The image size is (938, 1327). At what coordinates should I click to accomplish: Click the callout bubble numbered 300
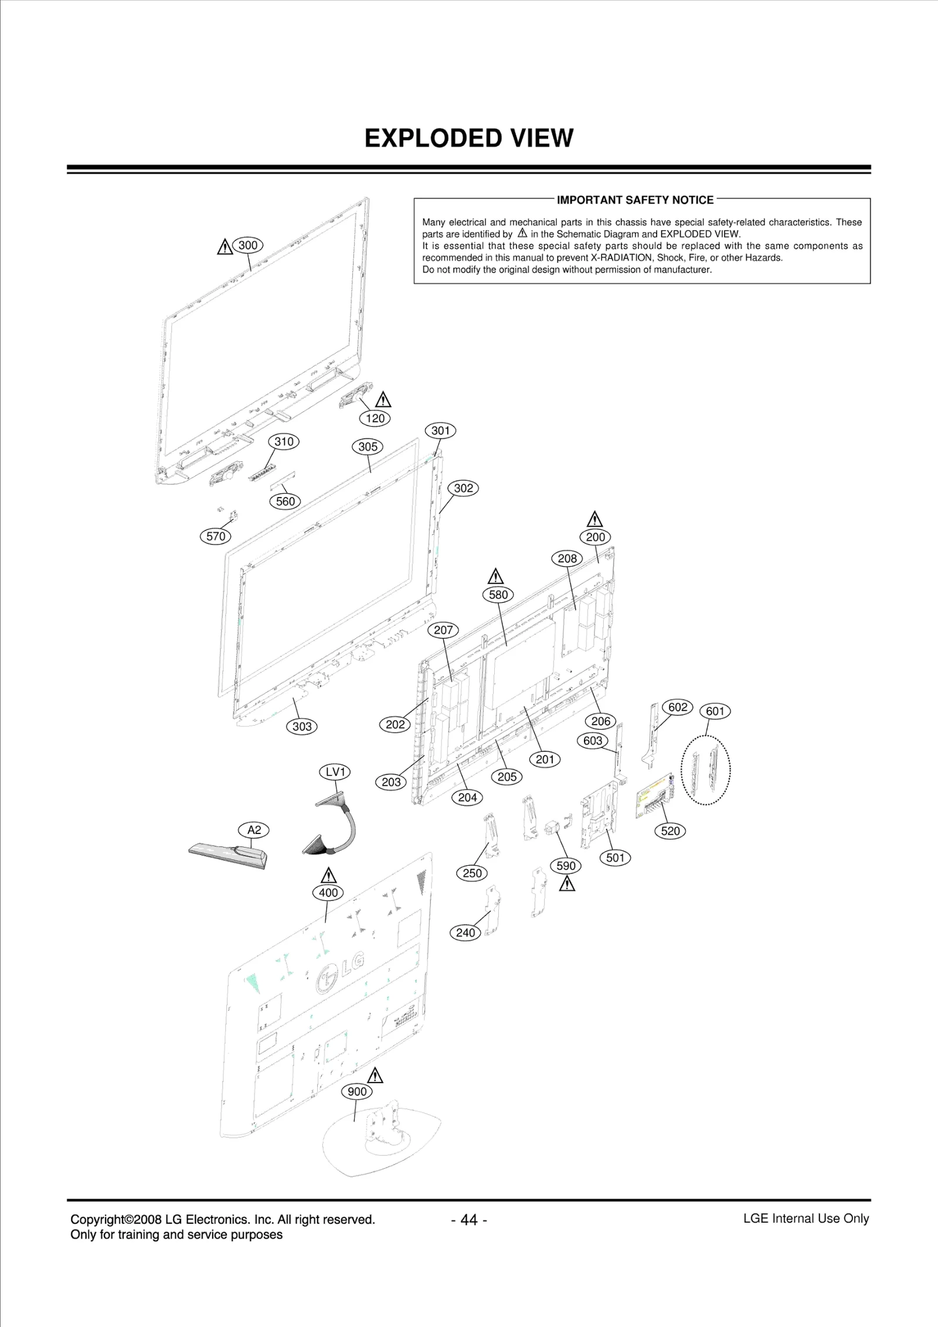coord(248,245)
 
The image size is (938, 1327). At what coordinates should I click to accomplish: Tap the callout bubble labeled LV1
coord(335,772)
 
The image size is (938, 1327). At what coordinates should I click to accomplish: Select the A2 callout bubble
coord(254,830)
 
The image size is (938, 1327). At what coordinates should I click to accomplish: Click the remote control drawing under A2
coord(229,855)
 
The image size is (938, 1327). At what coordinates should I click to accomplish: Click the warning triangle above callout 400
coord(329,875)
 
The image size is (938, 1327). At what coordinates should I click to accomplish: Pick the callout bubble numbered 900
coord(357,1091)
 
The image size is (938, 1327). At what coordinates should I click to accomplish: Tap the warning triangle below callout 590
coord(566,883)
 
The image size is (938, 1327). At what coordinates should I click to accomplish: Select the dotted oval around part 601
coord(706,770)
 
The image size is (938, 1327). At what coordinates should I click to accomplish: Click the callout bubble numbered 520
coord(670,831)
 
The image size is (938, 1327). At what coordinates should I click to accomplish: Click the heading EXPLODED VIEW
coord(468,138)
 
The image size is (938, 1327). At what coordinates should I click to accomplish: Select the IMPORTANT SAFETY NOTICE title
coord(635,200)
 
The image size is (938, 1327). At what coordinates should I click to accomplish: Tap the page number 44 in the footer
coord(469,1220)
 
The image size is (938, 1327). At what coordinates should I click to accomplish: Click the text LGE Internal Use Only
coord(806,1219)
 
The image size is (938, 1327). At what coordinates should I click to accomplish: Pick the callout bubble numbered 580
coord(498,594)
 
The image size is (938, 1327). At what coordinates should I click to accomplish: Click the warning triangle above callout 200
coord(594,519)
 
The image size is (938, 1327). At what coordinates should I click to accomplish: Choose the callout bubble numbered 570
coord(216,536)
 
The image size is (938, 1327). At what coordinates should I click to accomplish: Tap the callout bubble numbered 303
coord(302,727)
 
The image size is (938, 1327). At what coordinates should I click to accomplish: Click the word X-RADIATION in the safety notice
coord(620,258)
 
